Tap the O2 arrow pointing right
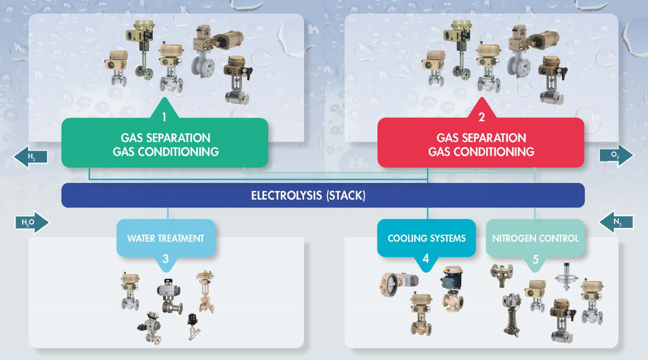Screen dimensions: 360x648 coord(616,155)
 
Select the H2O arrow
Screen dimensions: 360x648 coord(32,222)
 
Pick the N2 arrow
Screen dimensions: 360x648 coord(616,222)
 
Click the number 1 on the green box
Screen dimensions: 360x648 coord(164,118)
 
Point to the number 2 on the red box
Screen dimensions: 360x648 coord(481,118)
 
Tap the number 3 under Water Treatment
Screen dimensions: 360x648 coord(166,259)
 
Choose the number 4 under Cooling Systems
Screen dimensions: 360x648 coord(426,259)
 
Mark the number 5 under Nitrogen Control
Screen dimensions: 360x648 coord(535,259)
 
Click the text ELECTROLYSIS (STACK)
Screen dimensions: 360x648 coord(308,196)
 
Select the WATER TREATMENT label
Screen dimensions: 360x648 coord(166,238)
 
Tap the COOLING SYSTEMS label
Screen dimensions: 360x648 coord(426,238)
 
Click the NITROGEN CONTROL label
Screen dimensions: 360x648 coord(535,238)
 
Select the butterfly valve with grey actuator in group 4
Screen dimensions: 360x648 coord(398,283)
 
